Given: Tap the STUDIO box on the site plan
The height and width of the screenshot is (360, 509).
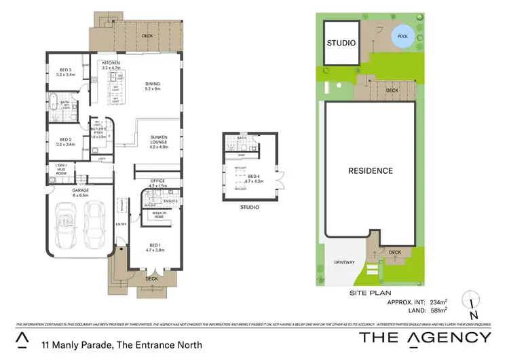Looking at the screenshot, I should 341,43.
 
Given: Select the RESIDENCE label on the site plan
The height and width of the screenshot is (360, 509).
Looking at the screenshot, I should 371,170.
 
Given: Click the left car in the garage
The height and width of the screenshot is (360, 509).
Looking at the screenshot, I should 67,228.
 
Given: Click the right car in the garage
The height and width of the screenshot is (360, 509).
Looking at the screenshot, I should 95,228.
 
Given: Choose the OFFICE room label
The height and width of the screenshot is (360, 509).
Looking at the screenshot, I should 157,181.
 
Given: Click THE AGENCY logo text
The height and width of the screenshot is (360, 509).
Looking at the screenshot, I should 425,338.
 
